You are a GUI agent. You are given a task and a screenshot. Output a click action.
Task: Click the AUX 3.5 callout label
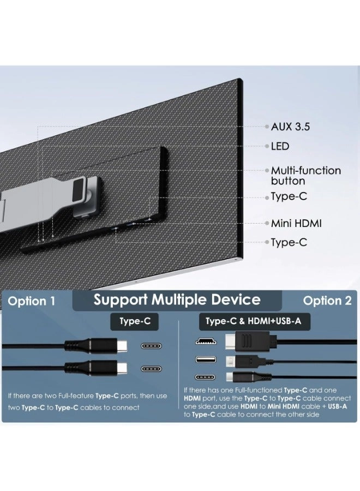(290, 127)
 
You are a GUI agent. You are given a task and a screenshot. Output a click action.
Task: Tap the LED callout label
(280, 146)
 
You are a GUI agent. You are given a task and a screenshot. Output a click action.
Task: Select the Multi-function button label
(305, 176)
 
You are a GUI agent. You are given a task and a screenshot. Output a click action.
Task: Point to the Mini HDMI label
(296, 223)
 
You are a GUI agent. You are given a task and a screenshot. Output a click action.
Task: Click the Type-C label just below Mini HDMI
(289, 242)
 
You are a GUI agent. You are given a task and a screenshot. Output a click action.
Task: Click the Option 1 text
(32, 301)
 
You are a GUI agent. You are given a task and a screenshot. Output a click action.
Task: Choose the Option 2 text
(327, 301)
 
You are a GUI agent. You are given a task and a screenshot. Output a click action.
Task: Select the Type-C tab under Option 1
(135, 321)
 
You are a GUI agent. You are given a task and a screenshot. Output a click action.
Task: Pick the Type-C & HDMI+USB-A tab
(253, 321)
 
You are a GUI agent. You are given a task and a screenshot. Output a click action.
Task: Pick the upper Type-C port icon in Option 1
(153, 346)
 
